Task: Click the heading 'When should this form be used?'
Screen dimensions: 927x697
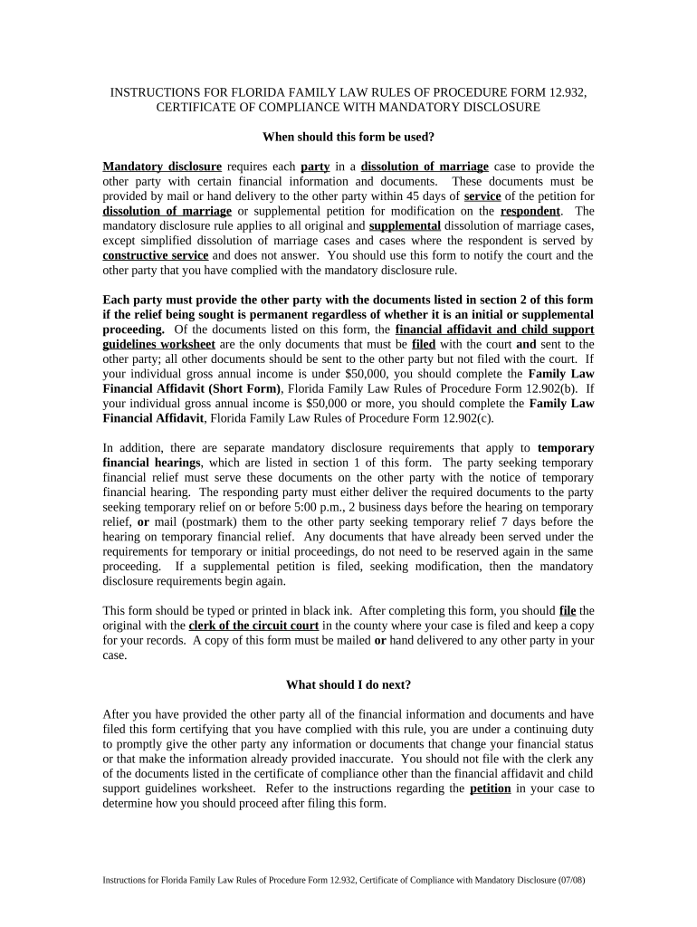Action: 348,138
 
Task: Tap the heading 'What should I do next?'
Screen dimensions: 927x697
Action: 348,684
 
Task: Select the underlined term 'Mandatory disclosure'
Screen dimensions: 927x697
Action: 162,167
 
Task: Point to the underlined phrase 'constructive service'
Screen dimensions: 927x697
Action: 156,255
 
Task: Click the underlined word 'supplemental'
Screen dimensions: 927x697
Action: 405,225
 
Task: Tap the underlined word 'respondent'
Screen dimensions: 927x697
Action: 530,211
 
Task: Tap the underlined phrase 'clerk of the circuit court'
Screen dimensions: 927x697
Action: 253,626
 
